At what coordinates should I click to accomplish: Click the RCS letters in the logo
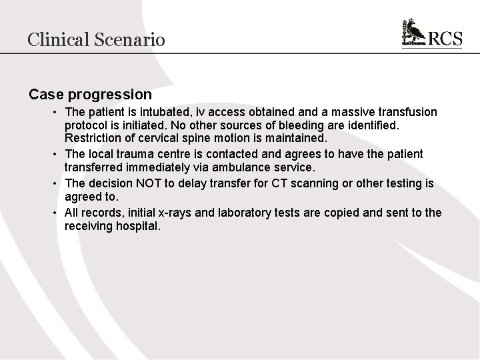445,39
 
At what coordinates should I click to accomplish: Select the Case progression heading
90,95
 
